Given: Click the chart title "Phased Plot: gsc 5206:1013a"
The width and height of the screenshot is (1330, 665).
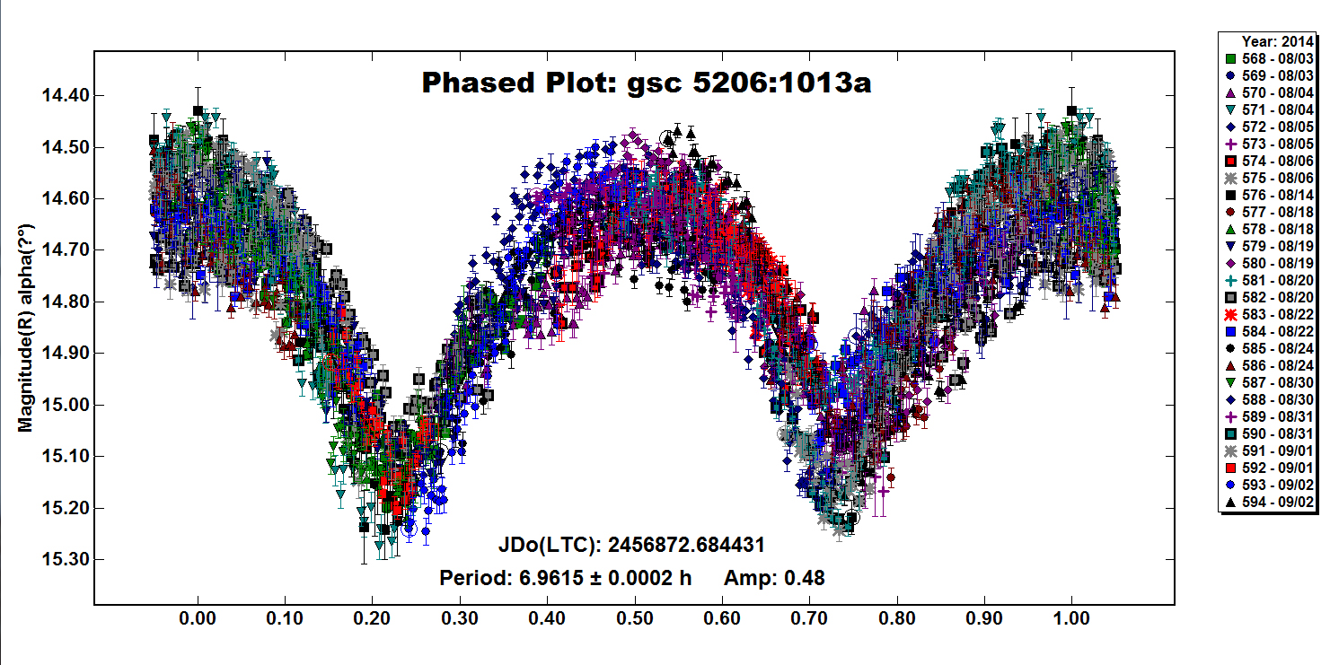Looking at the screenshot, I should [x=647, y=83].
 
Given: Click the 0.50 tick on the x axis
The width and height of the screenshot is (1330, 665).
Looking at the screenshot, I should [x=635, y=618].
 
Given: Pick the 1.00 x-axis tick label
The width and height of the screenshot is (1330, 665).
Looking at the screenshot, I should [x=1071, y=618].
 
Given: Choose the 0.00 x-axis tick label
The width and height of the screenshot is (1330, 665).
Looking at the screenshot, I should [x=198, y=618].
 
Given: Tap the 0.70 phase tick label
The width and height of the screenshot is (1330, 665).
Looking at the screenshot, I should [x=809, y=618].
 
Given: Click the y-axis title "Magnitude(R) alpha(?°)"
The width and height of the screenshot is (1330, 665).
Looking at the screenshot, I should [x=26, y=328].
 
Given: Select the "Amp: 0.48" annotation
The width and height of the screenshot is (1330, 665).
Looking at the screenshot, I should [x=773, y=578].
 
